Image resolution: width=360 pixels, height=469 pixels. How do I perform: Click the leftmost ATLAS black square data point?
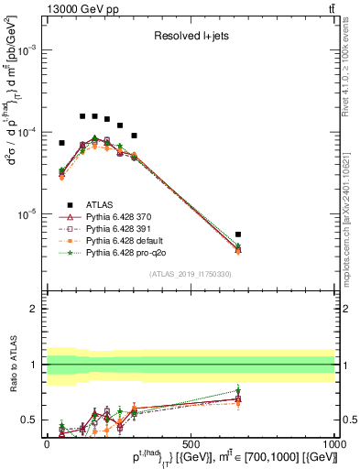tap(61, 143)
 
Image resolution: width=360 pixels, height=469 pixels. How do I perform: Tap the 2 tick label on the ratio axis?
tap(34, 310)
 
